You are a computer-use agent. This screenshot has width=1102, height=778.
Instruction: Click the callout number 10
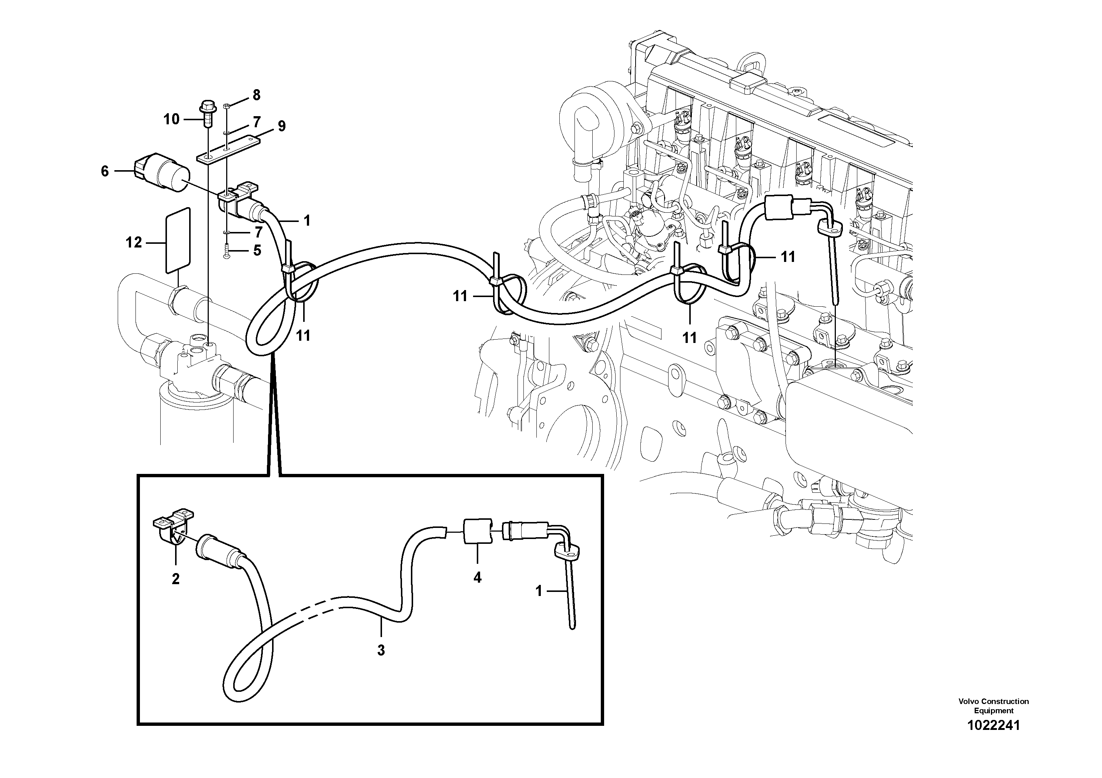171,119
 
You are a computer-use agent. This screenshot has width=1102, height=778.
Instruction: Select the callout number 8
256,95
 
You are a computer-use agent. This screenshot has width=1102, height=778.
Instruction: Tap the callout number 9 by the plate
281,126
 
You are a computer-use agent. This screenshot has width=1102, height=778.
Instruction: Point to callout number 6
105,171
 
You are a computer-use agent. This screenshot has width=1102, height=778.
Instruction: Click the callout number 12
134,243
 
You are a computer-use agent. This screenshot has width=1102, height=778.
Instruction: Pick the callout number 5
257,250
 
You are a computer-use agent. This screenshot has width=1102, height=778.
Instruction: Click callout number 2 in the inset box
176,579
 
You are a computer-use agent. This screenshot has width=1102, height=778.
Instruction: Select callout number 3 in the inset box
381,650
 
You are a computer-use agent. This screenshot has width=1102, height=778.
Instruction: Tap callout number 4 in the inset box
477,578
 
